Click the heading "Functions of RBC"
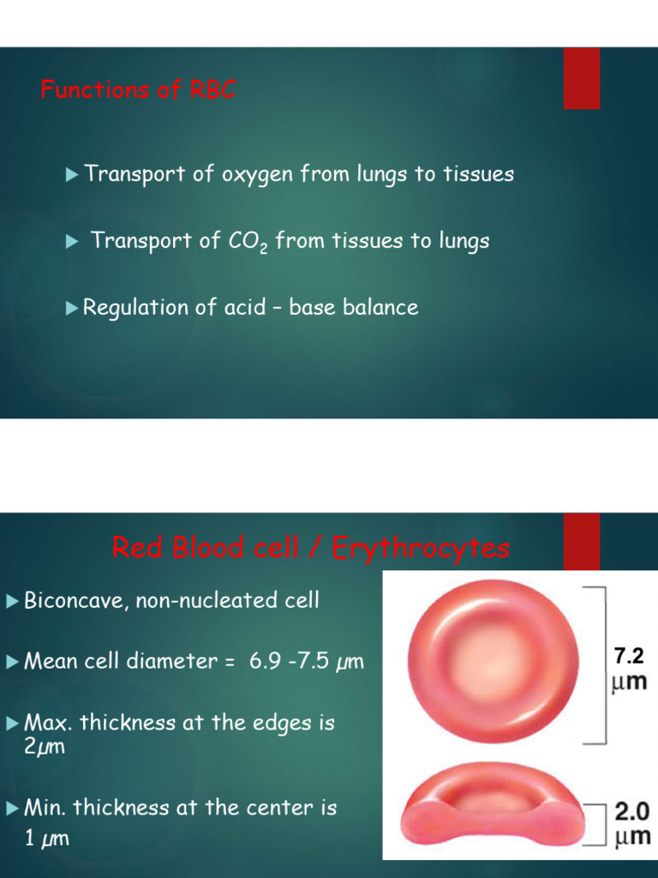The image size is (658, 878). pyautogui.click(x=138, y=89)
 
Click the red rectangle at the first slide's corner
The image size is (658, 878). pyautogui.click(x=581, y=78)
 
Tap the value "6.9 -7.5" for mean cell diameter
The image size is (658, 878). pyautogui.click(x=290, y=661)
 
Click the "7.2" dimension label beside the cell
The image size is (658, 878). pyautogui.click(x=629, y=657)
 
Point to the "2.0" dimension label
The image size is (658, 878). pyautogui.click(x=632, y=811)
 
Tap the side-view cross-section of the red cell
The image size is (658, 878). pyautogui.click(x=493, y=806)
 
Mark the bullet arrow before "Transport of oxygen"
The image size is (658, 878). pyautogui.click(x=72, y=175)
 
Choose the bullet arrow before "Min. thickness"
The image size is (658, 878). pyautogui.click(x=12, y=808)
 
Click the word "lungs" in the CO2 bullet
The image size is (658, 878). pyautogui.click(x=462, y=241)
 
